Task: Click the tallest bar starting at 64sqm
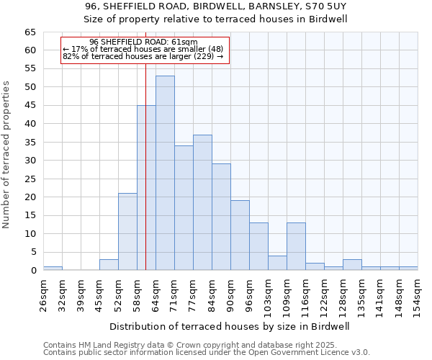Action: click(x=165, y=173)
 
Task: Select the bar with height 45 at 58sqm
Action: click(x=146, y=187)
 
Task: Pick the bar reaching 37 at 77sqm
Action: click(x=202, y=202)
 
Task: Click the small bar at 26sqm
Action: click(x=53, y=269)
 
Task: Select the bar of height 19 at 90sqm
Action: click(x=240, y=235)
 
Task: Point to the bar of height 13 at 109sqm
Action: click(x=296, y=246)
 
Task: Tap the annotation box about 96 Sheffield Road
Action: click(x=145, y=50)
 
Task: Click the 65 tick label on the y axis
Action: click(x=30, y=32)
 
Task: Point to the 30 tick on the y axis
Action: click(x=30, y=161)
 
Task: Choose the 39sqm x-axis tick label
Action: click(x=81, y=293)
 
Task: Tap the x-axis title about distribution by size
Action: click(x=230, y=326)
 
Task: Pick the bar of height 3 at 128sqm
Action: click(x=352, y=264)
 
